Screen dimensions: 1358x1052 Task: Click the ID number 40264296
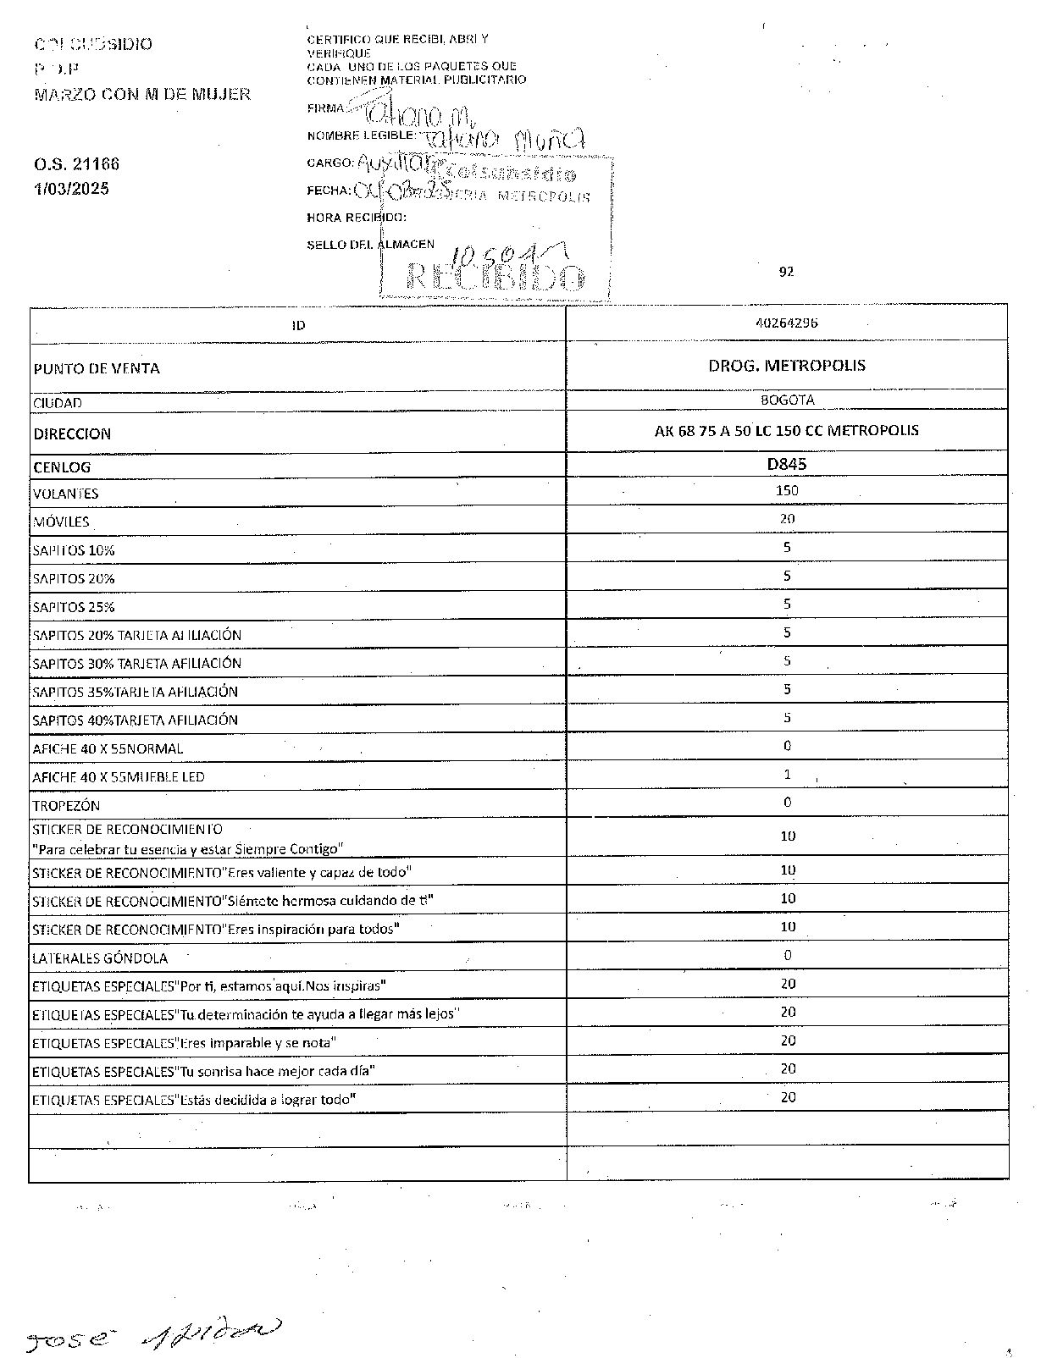tap(787, 323)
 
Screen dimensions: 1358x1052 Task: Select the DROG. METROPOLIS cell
tap(787, 366)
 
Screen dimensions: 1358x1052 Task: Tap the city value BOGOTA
tap(787, 400)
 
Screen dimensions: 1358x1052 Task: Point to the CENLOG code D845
tap(787, 464)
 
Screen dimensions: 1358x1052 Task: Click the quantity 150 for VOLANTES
tap(787, 490)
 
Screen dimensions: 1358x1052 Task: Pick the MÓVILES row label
tap(61, 522)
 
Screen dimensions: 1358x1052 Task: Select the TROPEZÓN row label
tap(66, 805)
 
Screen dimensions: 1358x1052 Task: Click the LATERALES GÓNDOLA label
tap(100, 958)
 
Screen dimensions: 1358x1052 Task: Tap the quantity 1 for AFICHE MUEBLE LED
tap(787, 774)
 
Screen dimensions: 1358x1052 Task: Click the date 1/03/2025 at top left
tap(72, 189)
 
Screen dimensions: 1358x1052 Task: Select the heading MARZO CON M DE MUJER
tap(142, 94)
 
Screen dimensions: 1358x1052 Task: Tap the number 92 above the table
tap(786, 272)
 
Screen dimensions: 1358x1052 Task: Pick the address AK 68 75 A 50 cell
tap(787, 430)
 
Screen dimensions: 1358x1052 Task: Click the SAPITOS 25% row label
tap(74, 607)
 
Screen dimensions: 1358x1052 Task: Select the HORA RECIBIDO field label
tap(357, 218)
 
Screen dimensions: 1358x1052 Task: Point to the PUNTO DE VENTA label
tap(97, 368)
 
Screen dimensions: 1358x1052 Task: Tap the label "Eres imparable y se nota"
tap(184, 1043)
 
